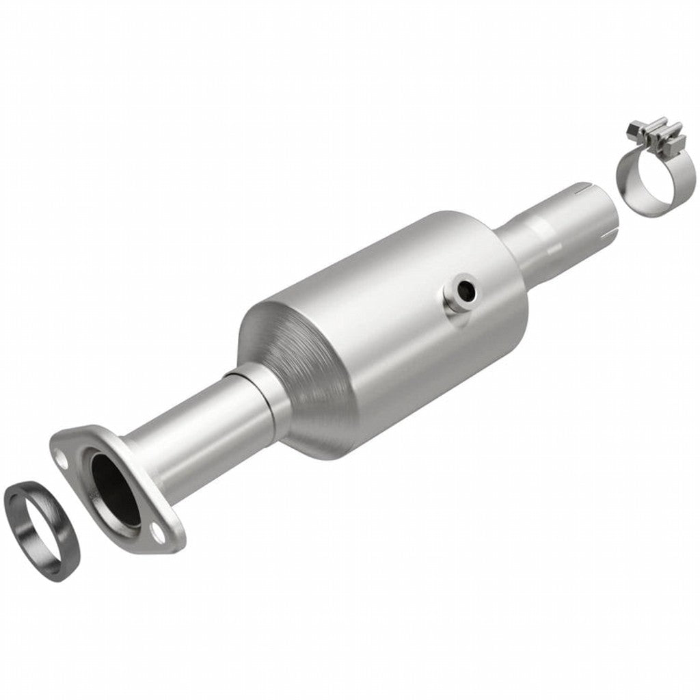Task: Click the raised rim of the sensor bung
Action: [x=454, y=301]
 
